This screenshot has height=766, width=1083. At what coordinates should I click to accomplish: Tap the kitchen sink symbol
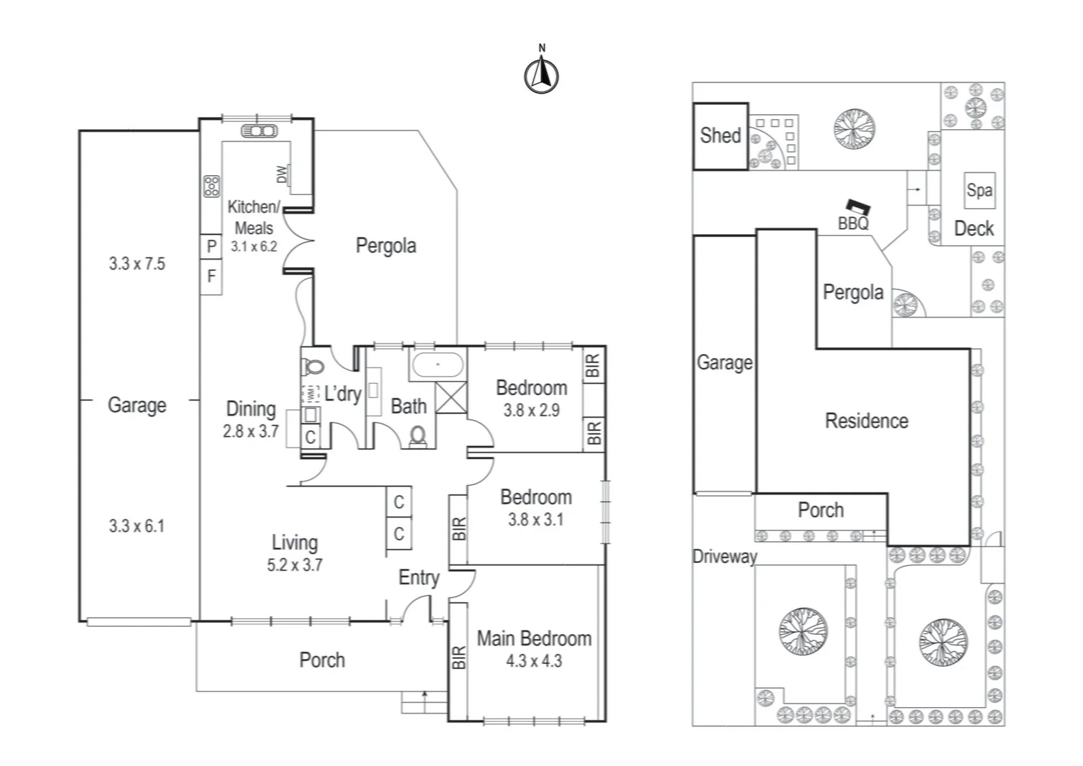(259, 131)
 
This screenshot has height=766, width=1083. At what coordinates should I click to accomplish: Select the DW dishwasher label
(282, 174)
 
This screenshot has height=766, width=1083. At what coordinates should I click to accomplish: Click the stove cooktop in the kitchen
(211, 187)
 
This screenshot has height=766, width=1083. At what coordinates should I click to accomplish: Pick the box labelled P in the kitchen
(211, 247)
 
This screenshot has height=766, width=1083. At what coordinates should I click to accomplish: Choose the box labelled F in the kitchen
(211, 277)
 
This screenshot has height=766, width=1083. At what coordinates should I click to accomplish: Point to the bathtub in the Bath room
(438, 366)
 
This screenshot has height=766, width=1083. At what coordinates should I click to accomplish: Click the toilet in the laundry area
(313, 367)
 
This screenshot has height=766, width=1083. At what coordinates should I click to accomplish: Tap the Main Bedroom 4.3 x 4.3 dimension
(533, 661)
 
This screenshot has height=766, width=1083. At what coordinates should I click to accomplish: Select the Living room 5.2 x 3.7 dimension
(294, 565)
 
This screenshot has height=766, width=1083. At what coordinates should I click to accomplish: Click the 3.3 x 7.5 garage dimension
(137, 264)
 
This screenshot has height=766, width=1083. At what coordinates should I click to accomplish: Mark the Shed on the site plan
(720, 136)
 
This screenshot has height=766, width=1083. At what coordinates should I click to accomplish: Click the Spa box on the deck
(979, 190)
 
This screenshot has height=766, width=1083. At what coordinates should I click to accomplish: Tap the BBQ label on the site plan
(853, 223)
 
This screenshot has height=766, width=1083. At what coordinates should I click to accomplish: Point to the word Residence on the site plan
(866, 421)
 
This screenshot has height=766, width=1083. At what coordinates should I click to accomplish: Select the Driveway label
(724, 557)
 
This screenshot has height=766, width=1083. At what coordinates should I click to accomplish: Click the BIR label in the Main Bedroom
(459, 657)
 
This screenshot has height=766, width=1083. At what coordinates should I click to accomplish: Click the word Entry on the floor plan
(418, 577)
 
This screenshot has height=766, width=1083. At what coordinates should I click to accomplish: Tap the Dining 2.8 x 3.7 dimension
(250, 431)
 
